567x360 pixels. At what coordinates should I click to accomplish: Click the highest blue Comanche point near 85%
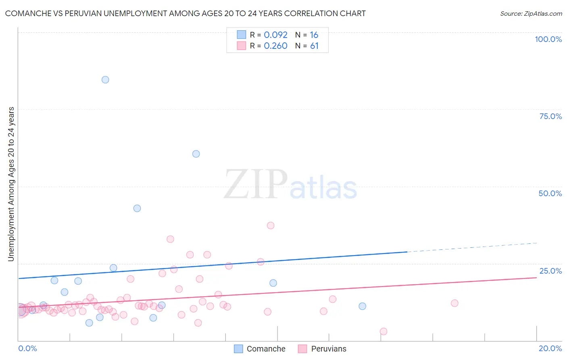pyautogui.click(x=105, y=80)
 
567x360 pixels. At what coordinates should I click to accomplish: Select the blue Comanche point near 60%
pyautogui.click(x=196, y=154)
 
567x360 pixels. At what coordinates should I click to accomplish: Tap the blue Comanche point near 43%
pyautogui.click(x=137, y=208)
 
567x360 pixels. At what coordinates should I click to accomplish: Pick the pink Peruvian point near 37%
pyautogui.click(x=271, y=226)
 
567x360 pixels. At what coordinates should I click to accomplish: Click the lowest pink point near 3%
pyautogui.click(x=384, y=331)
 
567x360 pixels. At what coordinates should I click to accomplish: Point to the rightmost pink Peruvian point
pyautogui.click(x=454, y=303)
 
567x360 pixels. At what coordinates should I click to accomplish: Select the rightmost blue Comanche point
pyautogui.click(x=363, y=306)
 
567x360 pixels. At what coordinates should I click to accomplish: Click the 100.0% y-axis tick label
pyautogui.click(x=548, y=39)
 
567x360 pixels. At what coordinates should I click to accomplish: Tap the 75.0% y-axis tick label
pyautogui.click(x=550, y=116)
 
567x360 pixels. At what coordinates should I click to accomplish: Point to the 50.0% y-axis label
pyautogui.click(x=550, y=193)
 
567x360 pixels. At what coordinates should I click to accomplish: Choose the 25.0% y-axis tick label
pyautogui.click(x=550, y=271)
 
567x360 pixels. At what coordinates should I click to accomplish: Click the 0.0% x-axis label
pyautogui.click(x=27, y=348)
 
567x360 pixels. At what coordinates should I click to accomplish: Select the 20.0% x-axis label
pyautogui.click(x=550, y=348)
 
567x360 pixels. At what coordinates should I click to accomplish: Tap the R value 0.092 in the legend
pyautogui.click(x=275, y=35)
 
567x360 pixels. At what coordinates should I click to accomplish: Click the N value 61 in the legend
pyautogui.click(x=314, y=46)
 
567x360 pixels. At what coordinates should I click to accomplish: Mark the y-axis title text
pyautogui.click(x=11, y=184)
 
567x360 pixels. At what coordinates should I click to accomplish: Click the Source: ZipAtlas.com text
pyautogui.click(x=531, y=13)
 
